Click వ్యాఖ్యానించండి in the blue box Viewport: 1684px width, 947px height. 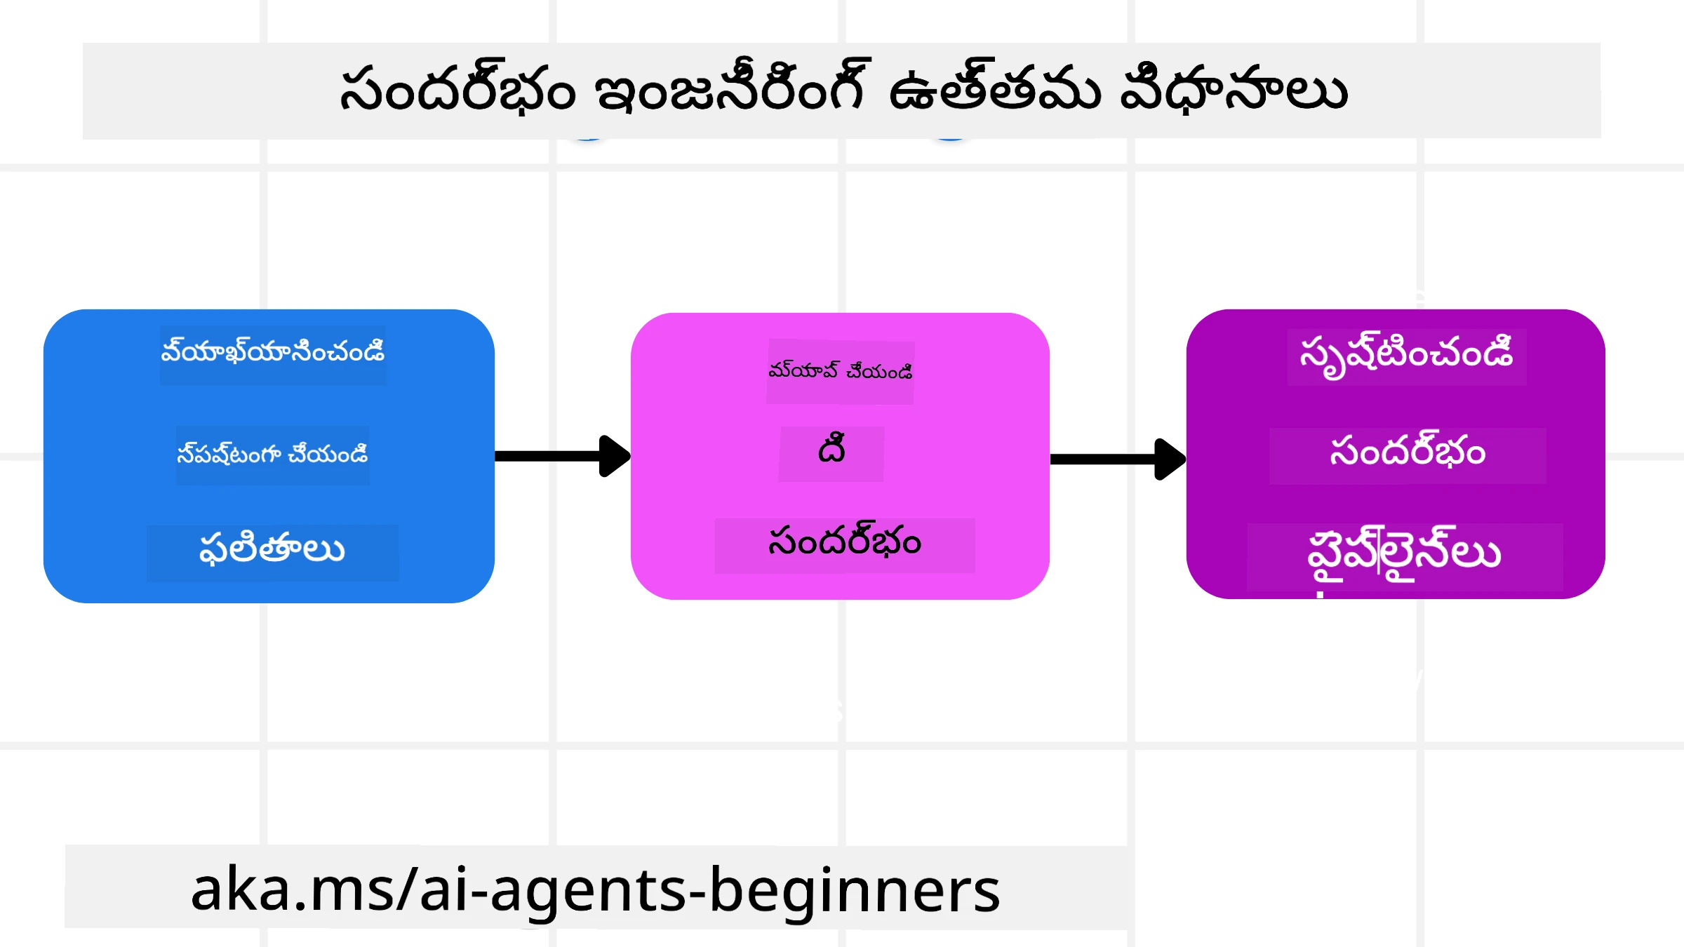pyautogui.click(x=273, y=351)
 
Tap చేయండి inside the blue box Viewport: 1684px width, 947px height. pyautogui.click(x=328, y=453)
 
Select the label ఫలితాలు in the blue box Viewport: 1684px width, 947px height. pyautogui.click(x=272, y=549)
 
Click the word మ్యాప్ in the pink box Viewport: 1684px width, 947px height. pyautogui.click(x=803, y=370)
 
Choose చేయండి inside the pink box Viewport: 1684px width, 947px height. pyautogui.click(x=879, y=370)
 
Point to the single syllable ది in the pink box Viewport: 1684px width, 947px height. pyautogui.click(x=831, y=449)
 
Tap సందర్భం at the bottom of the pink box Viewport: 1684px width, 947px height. pyautogui.click(x=845, y=540)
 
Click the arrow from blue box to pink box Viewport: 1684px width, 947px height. pyautogui.click(x=563, y=456)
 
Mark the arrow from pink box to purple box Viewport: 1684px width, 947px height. pyautogui.click(x=1118, y=459)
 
